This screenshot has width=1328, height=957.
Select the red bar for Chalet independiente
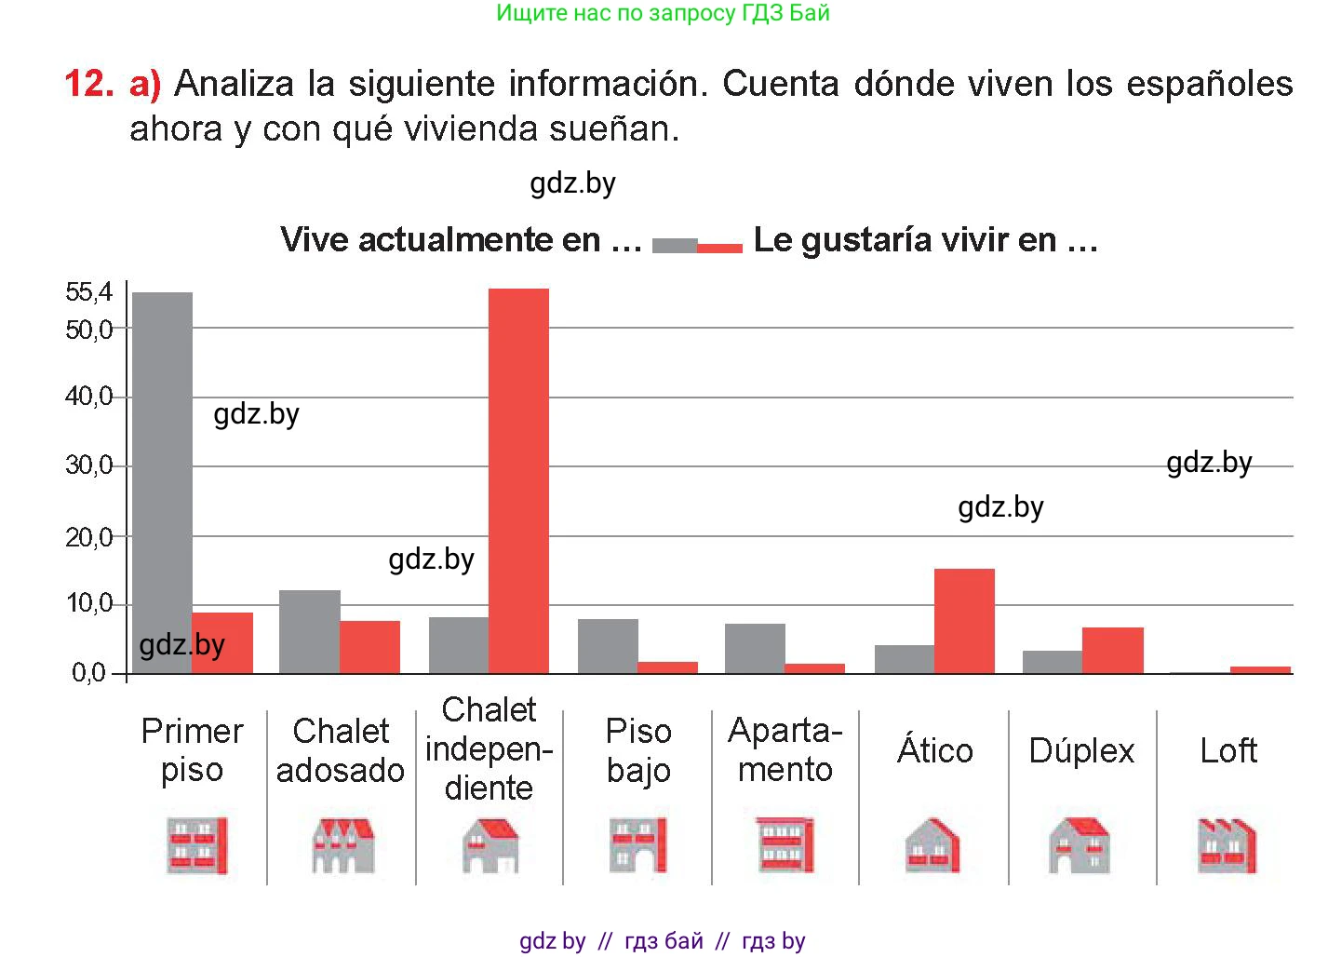(x=518, y=480)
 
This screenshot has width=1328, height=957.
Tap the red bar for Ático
(x=964, y=621)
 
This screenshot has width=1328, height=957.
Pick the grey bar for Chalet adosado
(x=309, y=631)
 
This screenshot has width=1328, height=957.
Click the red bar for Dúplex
(x=1112, y=650)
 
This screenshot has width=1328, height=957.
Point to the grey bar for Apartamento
(x=755, y=648)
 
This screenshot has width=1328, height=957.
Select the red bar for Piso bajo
(x=667, y=667)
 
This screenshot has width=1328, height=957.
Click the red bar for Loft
(x=1260, y=669)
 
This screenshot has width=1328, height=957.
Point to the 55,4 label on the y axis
(x=88, y=292)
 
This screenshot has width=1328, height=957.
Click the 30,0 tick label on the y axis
(x=88, y=465)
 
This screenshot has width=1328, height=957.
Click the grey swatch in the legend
(x=675, y=246)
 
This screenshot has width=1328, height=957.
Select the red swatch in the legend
(x=719, y=248)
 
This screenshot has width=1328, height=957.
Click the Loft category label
(x=1228, y=750)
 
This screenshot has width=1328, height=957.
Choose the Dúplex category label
(x=1081, y=750)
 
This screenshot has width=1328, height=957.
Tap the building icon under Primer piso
(x=195, y=845)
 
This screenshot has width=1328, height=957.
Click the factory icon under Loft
(x=1227, y=845)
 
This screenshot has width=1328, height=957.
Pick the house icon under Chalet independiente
(x=490, y=845)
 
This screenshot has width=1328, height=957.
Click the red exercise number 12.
(x=88, y=84)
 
